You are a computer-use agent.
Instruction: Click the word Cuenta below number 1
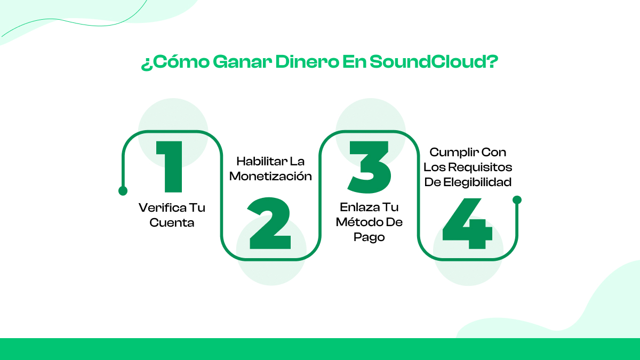click(x=172, y=223)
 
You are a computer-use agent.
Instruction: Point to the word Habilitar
click(x=261, y=161)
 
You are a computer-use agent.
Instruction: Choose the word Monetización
click(x=270, y=176)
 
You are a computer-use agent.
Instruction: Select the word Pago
click(x=369, y=237)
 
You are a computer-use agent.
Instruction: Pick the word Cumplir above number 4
click(x=453, y=152)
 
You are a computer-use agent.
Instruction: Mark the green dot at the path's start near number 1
click(x=123, y=190)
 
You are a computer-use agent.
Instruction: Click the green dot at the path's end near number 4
click(x=516, y=200)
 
